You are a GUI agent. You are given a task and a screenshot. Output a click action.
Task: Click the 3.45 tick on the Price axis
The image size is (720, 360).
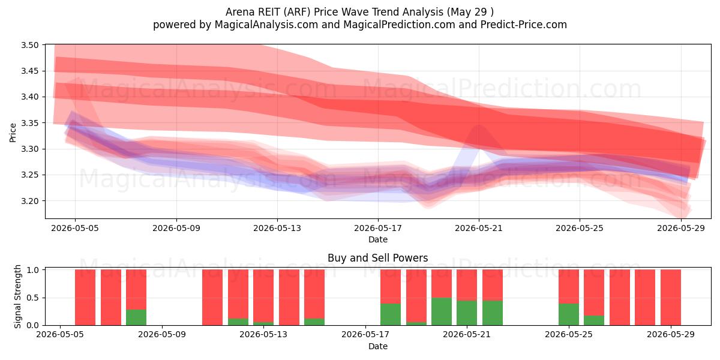point(29,71)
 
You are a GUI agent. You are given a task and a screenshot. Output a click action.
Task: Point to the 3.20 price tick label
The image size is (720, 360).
point(29,201)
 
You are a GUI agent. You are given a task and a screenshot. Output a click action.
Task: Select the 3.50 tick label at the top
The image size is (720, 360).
point(29,45)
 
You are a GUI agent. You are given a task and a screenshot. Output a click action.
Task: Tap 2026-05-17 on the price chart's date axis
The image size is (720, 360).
point(378,228)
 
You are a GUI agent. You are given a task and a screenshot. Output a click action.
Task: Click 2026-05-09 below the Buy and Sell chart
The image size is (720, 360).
point(162,335)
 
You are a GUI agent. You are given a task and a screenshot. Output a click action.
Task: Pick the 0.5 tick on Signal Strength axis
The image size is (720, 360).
point(32,298)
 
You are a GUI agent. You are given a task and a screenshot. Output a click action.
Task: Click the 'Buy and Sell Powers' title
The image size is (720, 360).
point(377,258)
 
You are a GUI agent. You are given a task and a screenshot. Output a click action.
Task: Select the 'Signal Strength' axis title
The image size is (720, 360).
point(17,296)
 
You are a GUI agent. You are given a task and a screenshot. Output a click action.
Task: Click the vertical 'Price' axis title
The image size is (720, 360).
point(13,133)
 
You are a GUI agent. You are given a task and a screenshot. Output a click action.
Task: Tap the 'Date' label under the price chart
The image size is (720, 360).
point(378,239)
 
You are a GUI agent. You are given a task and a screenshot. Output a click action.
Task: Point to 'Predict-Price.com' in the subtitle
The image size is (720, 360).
point(524,25)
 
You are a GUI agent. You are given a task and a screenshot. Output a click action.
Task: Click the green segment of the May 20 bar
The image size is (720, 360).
point(442,311)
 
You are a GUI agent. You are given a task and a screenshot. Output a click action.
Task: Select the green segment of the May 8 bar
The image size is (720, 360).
point(136,317)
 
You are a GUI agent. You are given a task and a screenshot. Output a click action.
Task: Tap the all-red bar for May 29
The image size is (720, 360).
point(671,298)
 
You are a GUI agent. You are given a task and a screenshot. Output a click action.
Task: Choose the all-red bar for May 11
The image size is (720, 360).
point(212,298)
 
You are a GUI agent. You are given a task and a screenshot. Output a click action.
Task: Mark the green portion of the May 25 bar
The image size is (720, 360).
point(569,314)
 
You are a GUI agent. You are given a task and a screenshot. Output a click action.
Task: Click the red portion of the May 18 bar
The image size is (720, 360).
point(391,286)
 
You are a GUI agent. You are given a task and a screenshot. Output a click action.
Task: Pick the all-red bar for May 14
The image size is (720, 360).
point(289,298)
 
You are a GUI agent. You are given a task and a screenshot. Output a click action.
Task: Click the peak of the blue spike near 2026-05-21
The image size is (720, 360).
point(479,125)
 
